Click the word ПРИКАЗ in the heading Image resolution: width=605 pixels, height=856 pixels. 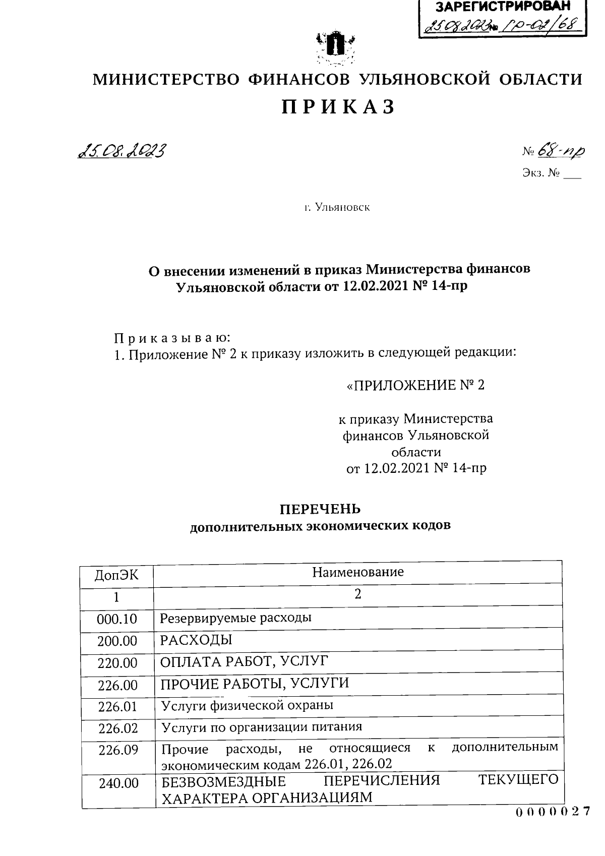click(x=337, y=107)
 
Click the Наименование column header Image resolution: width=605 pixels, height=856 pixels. click(x=358, y=572)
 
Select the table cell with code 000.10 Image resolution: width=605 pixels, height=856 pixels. click(x=117, y=619)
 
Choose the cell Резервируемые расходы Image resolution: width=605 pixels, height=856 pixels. click(x=235, y=618)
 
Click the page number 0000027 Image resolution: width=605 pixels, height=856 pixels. click(x=552, y=812)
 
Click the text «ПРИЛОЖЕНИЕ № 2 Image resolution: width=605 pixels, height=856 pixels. click(x=416, y=386)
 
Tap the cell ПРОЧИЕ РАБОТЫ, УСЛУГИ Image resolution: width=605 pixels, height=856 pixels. click(x=255, y=684)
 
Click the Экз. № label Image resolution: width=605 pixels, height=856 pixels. click(x=541, y=174)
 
